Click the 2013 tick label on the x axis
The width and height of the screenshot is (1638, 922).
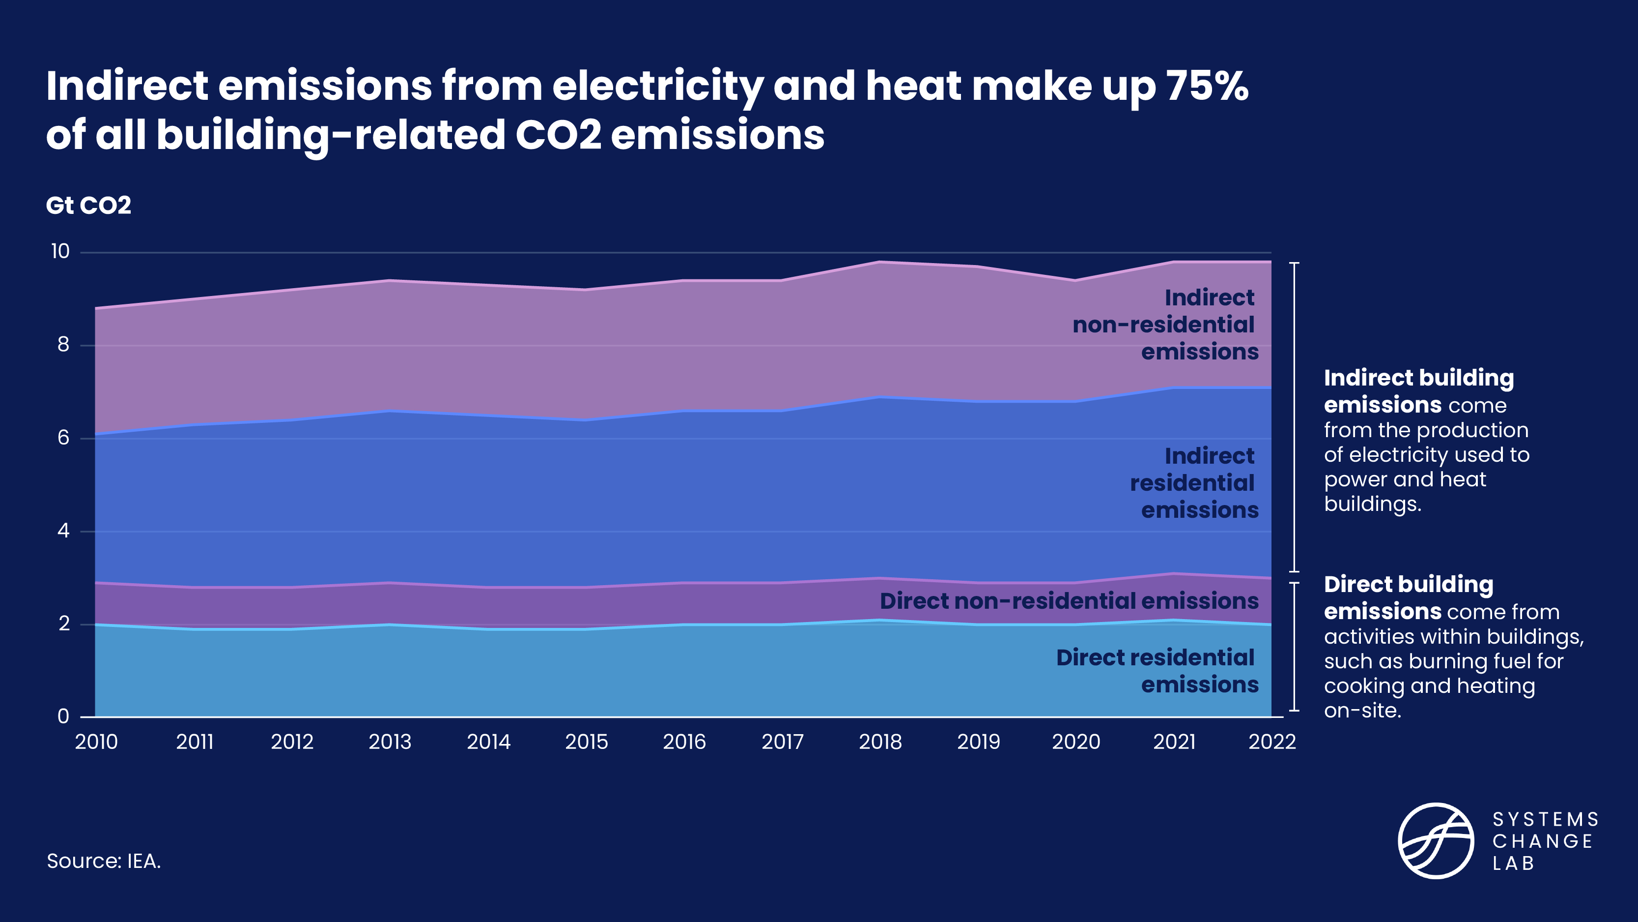(390, 742)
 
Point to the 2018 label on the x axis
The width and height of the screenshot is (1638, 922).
(880, 742)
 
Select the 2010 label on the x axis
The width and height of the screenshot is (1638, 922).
(96, 742)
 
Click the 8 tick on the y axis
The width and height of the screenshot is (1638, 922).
(63, 345)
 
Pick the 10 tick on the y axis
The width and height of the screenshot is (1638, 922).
(60, 251)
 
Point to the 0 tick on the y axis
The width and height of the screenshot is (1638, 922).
(63, 716)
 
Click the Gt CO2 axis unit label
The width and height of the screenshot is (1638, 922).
(88, 206)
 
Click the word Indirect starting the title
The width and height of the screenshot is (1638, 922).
(127, 86)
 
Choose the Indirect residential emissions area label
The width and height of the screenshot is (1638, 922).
(1194, 483)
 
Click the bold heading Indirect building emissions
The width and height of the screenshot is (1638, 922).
(1418, 391)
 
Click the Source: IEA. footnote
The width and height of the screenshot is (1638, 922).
(104, 861)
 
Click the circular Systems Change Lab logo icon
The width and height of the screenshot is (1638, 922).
(1435, 840)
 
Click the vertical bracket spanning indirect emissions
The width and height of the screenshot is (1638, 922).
(1295, 417)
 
